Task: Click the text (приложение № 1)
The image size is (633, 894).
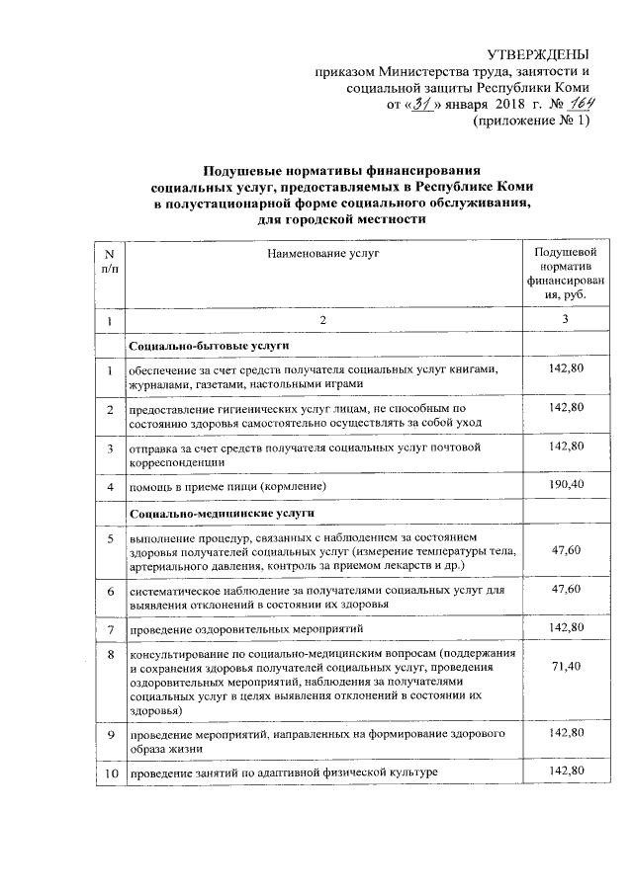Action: click(x=532, y=122)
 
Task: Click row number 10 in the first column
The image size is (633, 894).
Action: click(x=109, y=771)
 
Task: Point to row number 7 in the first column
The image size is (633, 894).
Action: click(x=109, y=628)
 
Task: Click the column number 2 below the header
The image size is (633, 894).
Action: click(x=322, y=321)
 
